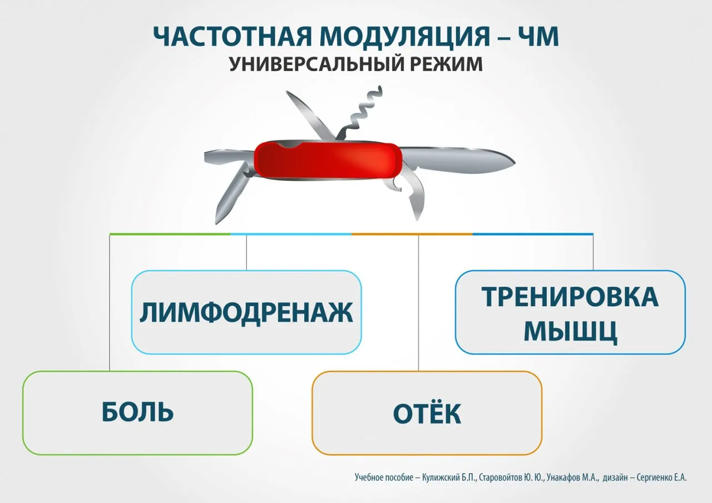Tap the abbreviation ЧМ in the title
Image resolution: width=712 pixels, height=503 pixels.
pos(538,37)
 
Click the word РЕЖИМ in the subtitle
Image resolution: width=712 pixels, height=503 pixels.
pos(447,64)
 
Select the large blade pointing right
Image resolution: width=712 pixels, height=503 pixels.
pos(458,161)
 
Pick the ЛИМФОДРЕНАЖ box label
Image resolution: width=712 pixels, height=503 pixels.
pos(246,313)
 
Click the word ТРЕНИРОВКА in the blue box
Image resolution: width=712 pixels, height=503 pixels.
pos(570,297)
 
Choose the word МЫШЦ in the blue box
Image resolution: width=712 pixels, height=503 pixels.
pos(571,332)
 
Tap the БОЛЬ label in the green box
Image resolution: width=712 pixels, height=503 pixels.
pos(137,411)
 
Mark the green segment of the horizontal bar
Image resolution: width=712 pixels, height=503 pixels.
pos(170,234)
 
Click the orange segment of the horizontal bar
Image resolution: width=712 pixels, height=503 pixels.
pos(412,234)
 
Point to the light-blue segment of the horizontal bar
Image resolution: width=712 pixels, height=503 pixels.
pos(291,234)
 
